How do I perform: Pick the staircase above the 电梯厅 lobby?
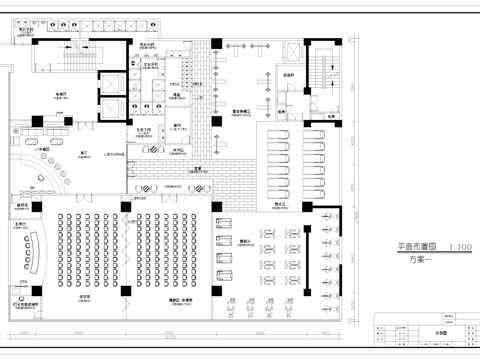[78, 56]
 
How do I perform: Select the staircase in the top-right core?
[325, 71]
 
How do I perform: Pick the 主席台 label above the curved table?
[20, 222]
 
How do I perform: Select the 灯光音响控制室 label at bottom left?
[27, 304]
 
